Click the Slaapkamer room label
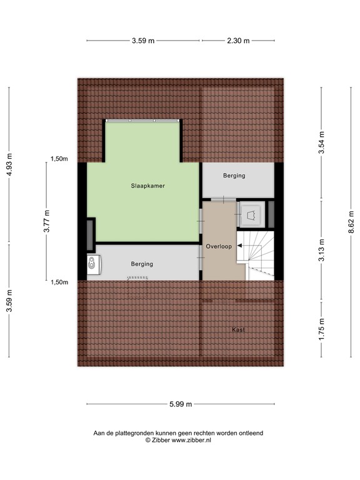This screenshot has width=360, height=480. tap(147, 186)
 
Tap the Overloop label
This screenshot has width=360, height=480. tap(219, 246)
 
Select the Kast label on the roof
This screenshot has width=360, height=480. tap(237, 329)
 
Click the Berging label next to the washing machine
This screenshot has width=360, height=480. tap(142, 264)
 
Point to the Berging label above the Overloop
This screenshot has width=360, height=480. tap(234, 176)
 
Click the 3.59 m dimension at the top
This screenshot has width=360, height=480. tap(143, 41)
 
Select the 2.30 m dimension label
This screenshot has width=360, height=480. tap(237, 41)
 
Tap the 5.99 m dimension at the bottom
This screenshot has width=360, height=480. tap(179, 403)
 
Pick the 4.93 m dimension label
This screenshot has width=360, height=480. tap(9, 164)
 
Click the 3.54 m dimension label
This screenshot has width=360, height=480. tap(321, 143)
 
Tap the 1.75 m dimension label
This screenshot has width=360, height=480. tap(321, 329)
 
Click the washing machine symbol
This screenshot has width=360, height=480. tap(94, 264)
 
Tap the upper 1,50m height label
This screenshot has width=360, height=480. tap(59, 159)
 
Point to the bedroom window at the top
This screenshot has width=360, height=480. tap(143, 120)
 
